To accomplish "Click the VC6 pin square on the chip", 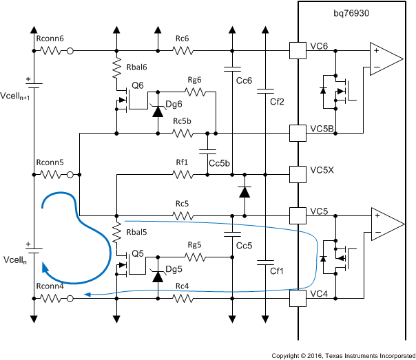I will pos(297,50).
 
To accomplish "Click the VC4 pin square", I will pos(297,298).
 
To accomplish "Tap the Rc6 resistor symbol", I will pos(183,50).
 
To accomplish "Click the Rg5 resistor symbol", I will pos(195,257).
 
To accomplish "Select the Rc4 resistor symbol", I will pos(183,298).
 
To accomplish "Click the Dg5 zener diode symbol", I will pos(158,277).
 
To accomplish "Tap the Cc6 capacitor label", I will pos(244,81).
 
